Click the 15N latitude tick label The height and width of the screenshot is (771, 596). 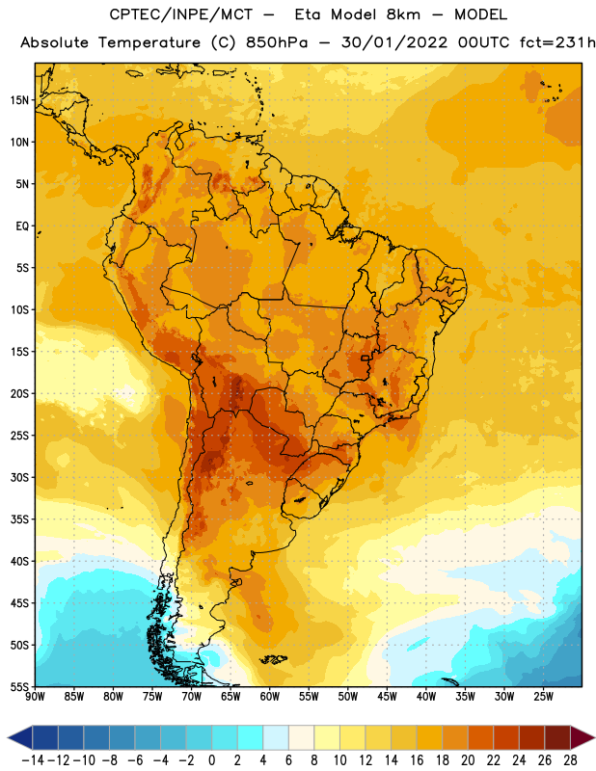(19, 100)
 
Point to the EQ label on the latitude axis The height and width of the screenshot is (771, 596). (22, 226)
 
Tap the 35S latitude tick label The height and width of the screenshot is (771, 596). (19, 519)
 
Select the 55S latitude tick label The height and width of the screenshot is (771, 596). (19, 687)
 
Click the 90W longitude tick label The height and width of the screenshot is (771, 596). (35, 697)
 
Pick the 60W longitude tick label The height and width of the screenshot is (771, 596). (270, 697)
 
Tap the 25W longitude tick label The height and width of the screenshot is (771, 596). (544, 697)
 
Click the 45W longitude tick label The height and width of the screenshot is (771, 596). (388, 697)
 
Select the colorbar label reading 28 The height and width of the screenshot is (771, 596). (570, 760)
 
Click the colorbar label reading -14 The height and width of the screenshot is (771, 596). (33, 760)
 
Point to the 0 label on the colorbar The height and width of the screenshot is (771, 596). (212, 760)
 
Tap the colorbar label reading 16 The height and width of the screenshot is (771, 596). (417, 760)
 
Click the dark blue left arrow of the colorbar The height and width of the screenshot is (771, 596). (20, 737)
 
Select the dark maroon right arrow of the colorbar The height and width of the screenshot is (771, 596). (582, 737)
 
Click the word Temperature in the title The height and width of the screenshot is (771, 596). (149, 42)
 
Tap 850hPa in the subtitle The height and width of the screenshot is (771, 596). (277, 42)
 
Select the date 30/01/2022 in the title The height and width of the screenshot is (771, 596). (394, 42)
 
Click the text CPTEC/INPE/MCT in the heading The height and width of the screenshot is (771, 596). (181, 14)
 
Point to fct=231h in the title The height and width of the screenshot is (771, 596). (557, 42)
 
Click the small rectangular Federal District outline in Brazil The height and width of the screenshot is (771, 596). (366, 358)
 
